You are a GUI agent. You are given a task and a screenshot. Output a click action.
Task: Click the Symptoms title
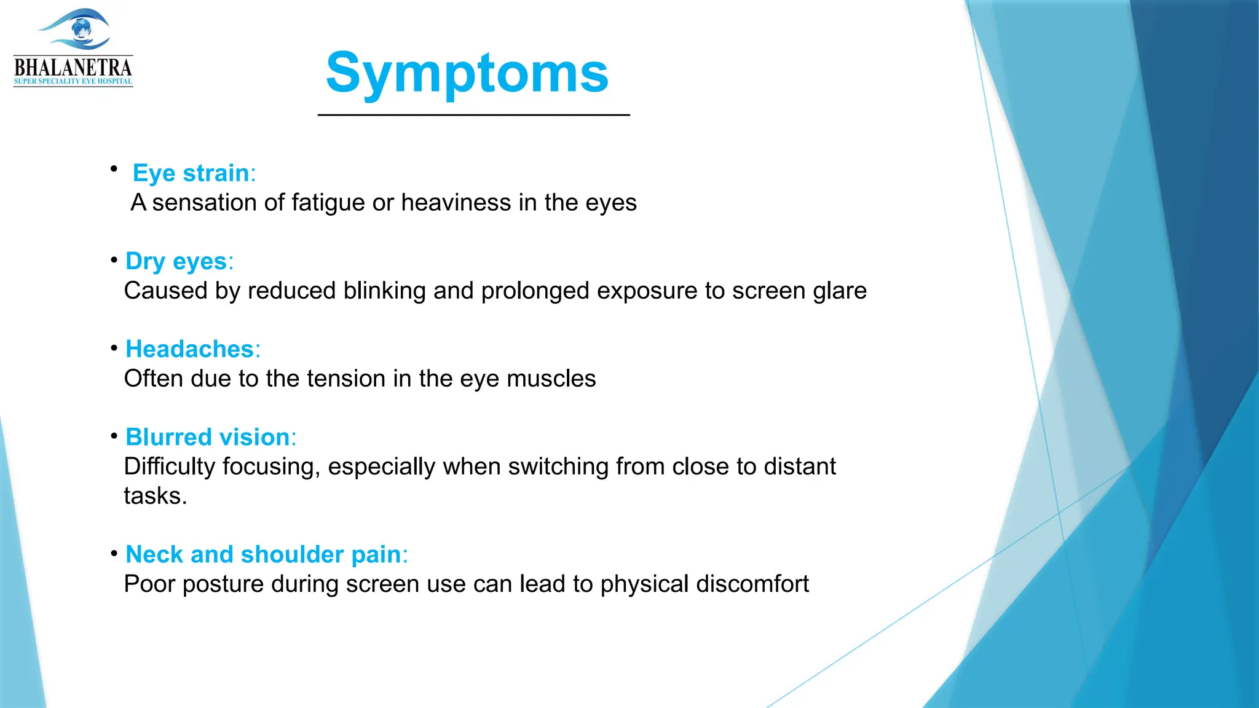click(467, 73)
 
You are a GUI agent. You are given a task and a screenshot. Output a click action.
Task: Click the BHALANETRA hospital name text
click(73, 67)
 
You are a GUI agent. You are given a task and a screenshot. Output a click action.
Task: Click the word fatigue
click(328, 203)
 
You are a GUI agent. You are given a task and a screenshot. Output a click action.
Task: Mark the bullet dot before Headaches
click(114, 348)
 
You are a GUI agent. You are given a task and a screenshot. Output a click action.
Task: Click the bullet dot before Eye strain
click(114, 168)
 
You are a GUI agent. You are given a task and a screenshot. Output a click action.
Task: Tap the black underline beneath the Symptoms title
click(473, 115)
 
